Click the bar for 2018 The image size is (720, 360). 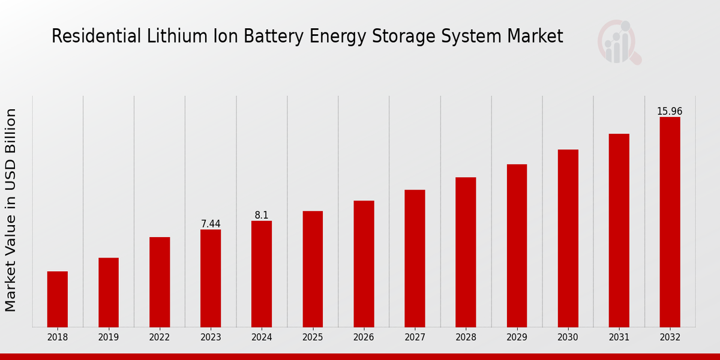[58, 299]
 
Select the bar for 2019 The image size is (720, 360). [109, 292]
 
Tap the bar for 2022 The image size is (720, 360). [160, 282]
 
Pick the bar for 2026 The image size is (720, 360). [364, 263]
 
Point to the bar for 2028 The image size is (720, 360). [466, 252]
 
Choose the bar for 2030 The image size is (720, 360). [568, 238]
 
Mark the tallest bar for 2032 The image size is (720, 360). [670, 222]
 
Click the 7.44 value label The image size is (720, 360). [211, 224]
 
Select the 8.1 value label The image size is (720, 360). [262, 215]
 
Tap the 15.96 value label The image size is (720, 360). [670, 112]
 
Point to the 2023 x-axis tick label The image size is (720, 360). [211, 338]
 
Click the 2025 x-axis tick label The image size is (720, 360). [313, 338]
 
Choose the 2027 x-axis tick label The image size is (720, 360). [415, 338]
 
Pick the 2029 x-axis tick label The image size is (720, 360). [517, 338]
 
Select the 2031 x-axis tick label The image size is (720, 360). [619, 338]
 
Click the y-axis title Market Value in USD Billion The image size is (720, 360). [11, 210]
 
